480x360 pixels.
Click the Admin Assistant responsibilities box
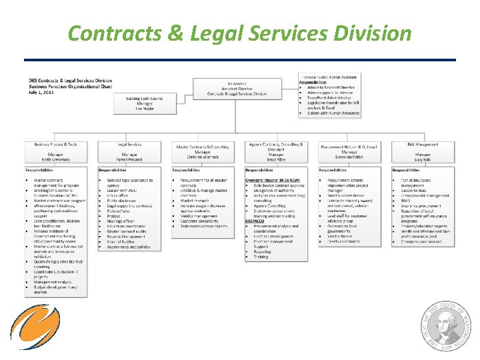point(331,95)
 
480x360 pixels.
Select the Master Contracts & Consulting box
point(203,152)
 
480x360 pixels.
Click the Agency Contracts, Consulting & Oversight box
point(276,152)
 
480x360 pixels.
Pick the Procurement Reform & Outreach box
point(349,152)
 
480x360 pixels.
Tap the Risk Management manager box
point(423,152)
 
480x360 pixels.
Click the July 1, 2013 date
point(41,91)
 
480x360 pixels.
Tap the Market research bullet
point(195,200)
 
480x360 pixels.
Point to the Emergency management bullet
point(421,241)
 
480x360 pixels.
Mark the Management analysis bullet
point(54,282)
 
